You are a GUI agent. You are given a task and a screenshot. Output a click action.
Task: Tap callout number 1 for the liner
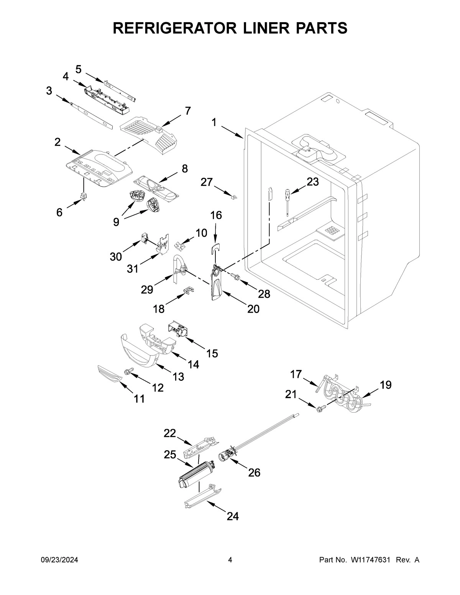214,123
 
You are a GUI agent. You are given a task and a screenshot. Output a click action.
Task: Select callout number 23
312,182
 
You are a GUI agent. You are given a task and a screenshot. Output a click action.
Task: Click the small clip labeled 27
234,197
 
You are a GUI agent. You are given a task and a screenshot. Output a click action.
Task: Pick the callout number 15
212,353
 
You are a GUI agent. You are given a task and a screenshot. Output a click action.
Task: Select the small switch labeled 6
83,197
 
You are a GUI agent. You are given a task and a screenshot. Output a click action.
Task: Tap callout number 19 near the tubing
386,385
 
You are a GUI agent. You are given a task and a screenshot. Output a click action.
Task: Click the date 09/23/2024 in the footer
59,560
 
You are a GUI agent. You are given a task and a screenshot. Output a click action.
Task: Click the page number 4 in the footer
230,560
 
